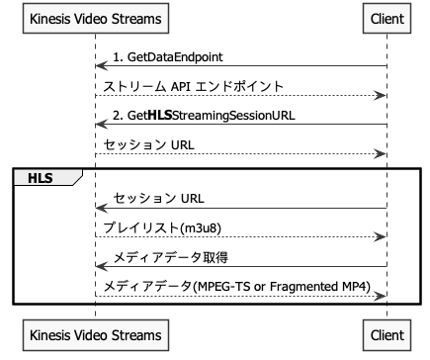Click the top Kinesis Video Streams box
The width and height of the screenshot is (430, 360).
pyautogui.click(x=95, y=19)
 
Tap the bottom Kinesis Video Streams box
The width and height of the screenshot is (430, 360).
pyautogui.click(x=95, y=335)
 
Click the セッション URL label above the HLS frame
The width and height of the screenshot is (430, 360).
pyautogui.click(x=147, y=144)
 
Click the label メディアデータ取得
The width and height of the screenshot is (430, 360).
pyautogui.click(x=171, y=257)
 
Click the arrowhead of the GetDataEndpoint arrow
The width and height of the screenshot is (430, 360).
pyautogui.click(x=101, y=67)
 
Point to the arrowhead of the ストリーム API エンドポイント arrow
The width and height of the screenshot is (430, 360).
pyautogui.click(x=381, y=96)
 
